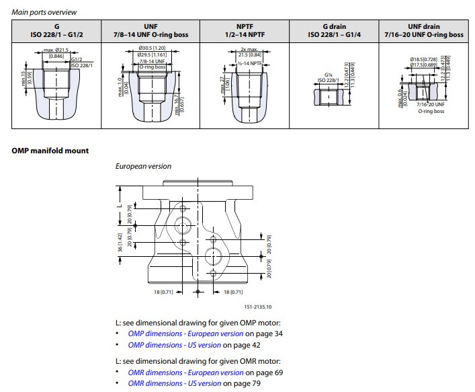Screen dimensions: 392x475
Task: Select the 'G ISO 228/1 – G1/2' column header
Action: (56, 30)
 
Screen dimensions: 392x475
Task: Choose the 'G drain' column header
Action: (332, 30)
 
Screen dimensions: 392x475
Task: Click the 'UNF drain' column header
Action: (423, 30)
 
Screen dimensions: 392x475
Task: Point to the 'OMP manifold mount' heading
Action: (50, 151)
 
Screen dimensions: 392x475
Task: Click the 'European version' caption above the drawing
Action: (143, 166)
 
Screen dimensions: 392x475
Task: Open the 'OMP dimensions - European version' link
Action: (185, 334)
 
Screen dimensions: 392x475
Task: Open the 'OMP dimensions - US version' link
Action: (174, 345)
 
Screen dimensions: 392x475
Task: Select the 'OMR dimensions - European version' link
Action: (185, 372)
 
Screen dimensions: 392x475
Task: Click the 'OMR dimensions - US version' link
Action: (174, 383)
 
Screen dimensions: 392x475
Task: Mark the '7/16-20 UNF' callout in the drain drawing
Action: (430, 104)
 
